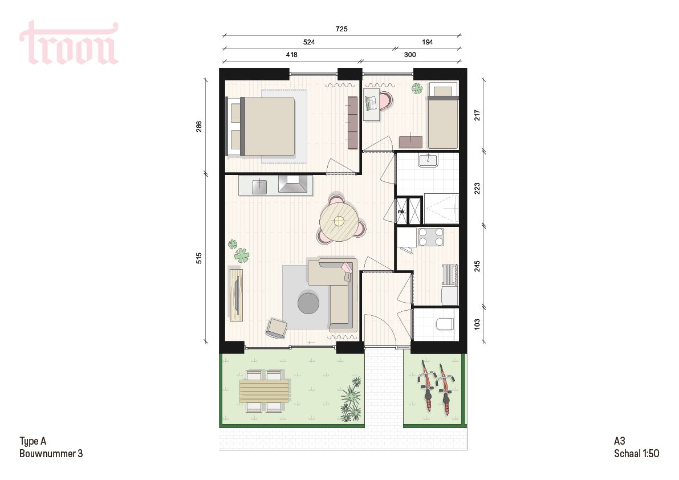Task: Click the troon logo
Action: [x=69, y=43]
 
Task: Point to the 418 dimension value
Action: [x=291, y=55]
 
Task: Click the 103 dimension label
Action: [x=477, y=324]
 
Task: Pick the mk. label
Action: [x=401, y=212]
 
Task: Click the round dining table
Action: [x=339, y=221]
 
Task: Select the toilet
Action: [x=444, y=324]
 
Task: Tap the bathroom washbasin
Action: [x=428, y=160]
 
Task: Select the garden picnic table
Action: [x=264, y=391]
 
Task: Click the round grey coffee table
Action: [x=308, y=302]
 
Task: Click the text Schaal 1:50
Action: [x=636, y=454]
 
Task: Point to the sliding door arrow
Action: [x=311, y=342]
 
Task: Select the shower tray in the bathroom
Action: [x=441, y=209]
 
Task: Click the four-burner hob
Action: [x=431, y=237]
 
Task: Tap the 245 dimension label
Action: [x=477, y=266]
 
